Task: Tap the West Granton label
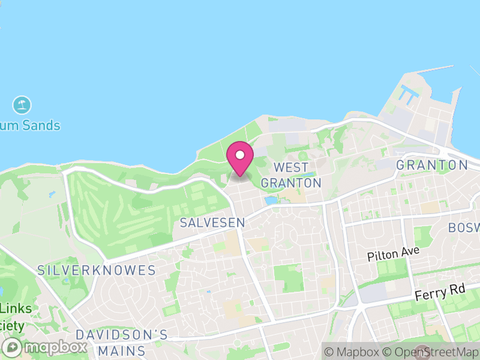click(x=291, y=175)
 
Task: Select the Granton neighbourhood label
click(x=432, y=165)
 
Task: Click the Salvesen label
click(x=212, y=223)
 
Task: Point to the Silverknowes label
click(x=96, y=270)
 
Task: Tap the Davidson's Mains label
click(x=122, y=342)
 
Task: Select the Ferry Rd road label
click(x=440, y=293)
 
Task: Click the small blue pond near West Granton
click(x=271, y=200)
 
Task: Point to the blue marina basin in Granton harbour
click(x=410, y=92)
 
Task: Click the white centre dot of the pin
click(x=239, y=155)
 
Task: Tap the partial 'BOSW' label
click(x=464, y=228)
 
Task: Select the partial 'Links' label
click(x=16, y=308)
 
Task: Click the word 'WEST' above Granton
click(x=291, y=167)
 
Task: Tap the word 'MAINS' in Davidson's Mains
click(x=122, y=350)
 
